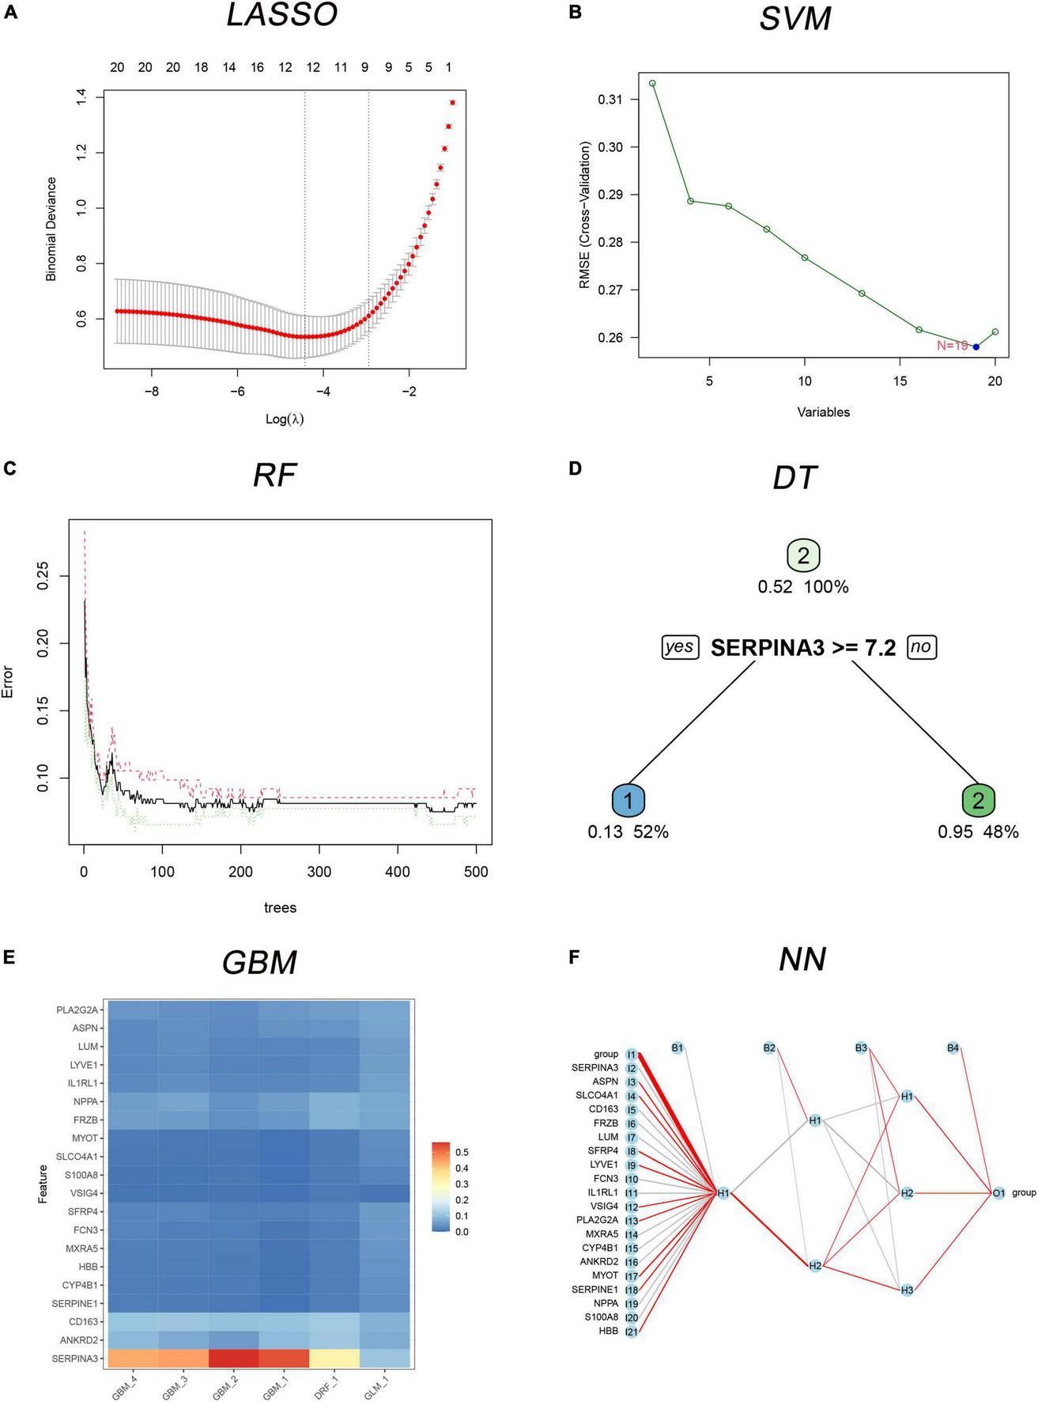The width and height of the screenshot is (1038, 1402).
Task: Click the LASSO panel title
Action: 282,16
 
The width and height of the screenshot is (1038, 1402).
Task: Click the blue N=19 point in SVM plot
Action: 976,347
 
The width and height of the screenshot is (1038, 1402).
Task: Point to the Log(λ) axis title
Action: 285,419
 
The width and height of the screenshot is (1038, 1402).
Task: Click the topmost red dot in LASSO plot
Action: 452,102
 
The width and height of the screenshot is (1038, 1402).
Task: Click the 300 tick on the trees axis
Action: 319,871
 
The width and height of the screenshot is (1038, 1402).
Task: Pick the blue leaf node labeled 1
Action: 628,801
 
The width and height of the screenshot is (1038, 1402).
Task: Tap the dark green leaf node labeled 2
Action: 978,801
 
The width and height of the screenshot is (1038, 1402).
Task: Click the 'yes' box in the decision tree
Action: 679,647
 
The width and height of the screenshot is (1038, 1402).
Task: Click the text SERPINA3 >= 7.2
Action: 802,648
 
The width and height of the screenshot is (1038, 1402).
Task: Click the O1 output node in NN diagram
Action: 998,1192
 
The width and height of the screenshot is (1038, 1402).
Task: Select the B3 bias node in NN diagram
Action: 861,1048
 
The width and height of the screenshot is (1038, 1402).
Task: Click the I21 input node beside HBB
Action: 631,1332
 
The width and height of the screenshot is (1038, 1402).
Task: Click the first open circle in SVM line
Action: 652,83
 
